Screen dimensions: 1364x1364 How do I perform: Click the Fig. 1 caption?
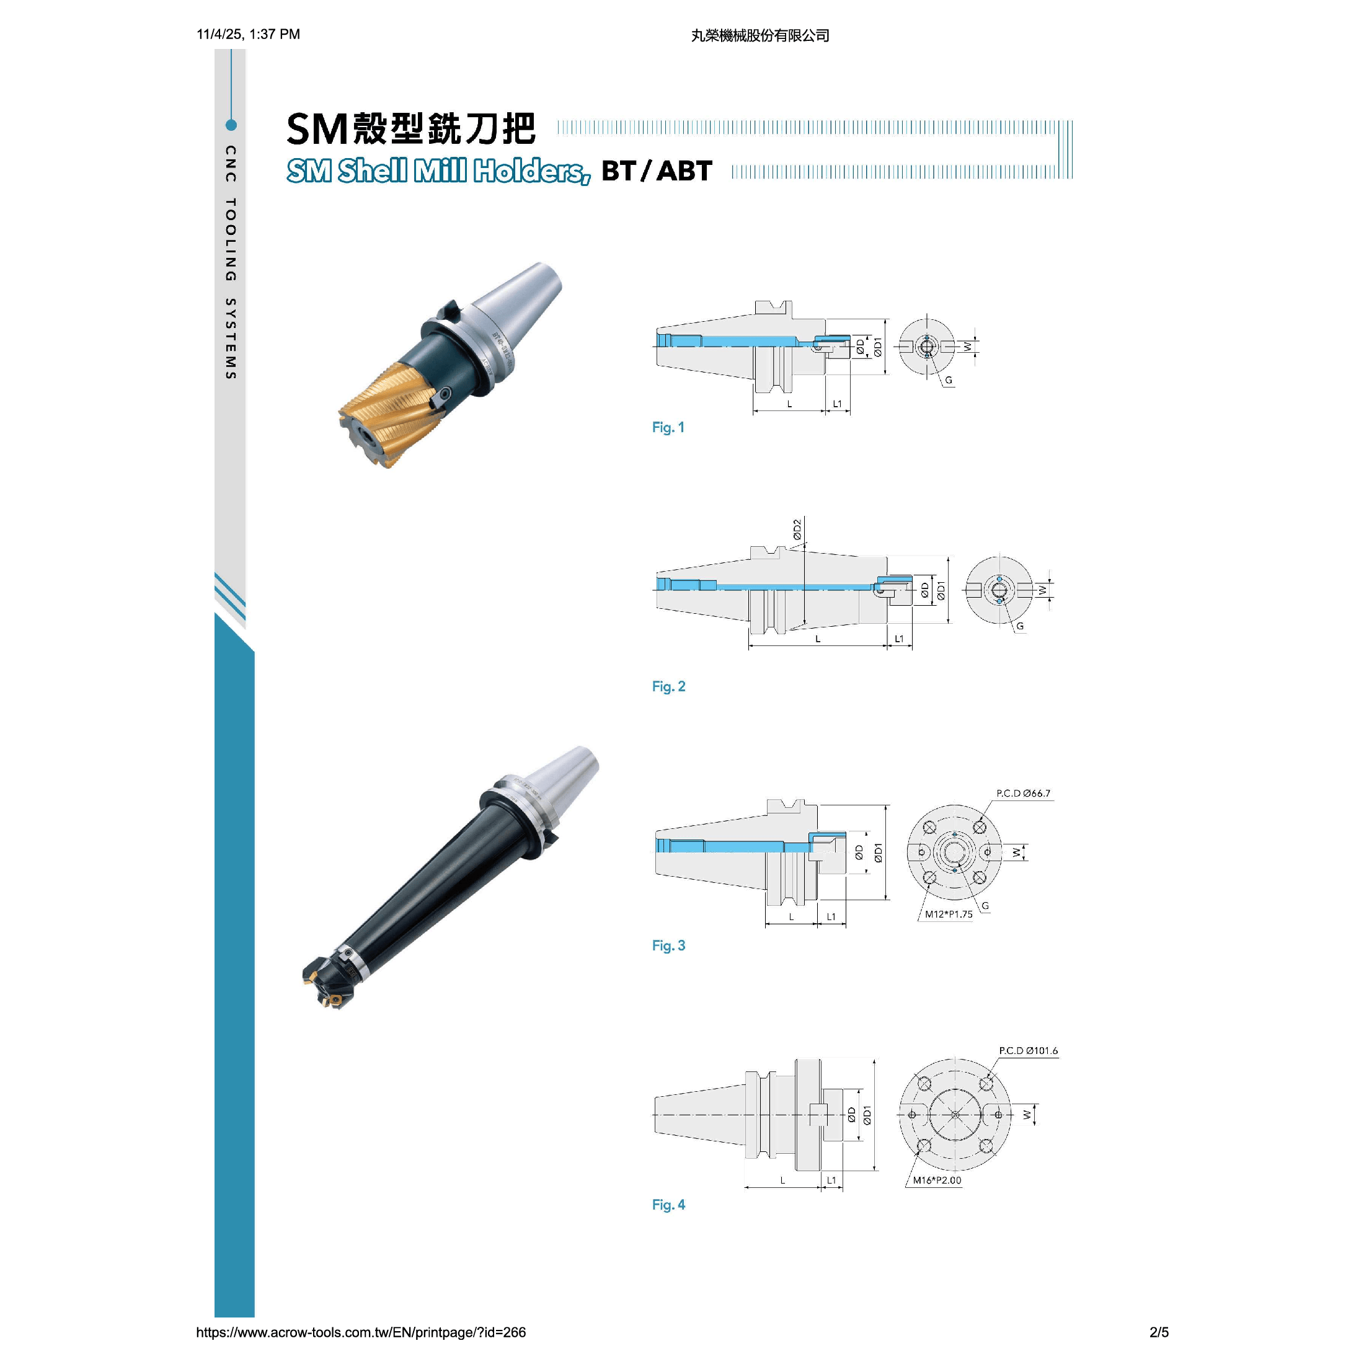(668, 427)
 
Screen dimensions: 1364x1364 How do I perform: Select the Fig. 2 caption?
(668, 686)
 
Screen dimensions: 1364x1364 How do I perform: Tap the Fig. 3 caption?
(668, 945)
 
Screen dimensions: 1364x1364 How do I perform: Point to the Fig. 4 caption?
(668, 1205)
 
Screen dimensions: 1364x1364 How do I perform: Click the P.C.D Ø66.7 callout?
(1023, 793)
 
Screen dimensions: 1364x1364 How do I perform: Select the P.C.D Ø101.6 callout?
(1028, 1050)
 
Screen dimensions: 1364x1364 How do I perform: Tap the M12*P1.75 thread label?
(949, 914)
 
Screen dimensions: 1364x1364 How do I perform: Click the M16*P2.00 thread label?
(937, 1180)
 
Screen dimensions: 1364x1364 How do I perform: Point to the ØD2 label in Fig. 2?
(797, 529)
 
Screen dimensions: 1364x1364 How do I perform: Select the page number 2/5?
(1159, 1332)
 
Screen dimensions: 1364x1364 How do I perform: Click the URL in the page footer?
(361, 1332)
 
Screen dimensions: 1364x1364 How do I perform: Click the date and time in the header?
(248, 34)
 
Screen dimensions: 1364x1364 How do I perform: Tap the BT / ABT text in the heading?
(657, 171)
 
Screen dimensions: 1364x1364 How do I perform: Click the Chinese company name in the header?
(759, 35)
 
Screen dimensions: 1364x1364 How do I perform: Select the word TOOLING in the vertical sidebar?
(230, 239)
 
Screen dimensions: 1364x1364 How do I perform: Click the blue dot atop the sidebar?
(231, 125)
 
